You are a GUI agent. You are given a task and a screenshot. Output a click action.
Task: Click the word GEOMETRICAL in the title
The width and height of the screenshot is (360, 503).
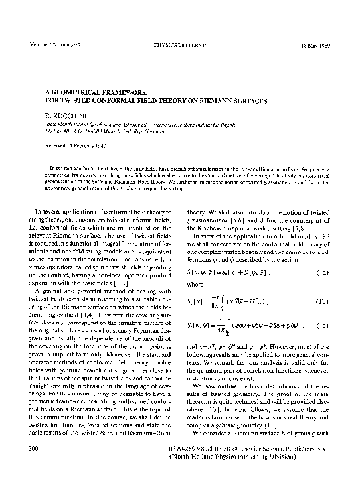[66, 94]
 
